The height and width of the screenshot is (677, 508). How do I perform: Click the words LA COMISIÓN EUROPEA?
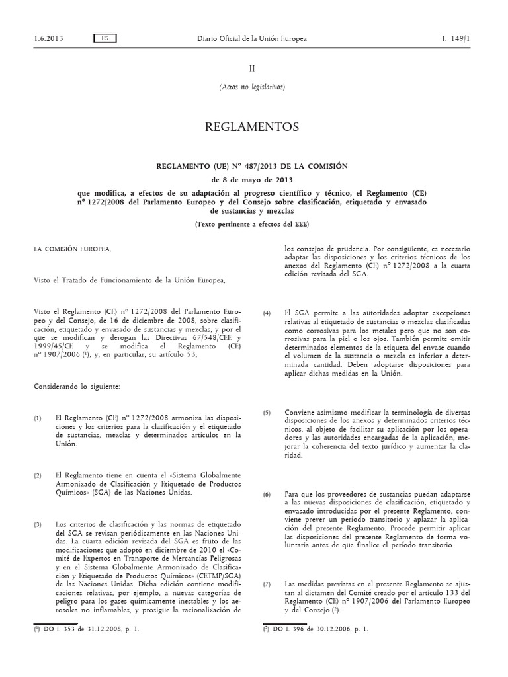pos(73,249)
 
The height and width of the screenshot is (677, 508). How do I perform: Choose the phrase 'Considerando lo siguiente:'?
pos(77,385)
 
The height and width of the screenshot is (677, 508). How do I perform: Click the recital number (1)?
pos(38,418)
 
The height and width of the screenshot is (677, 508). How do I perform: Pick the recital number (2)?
pos(38,475)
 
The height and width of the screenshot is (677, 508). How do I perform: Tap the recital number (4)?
pos(267,313)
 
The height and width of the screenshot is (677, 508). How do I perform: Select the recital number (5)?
pos(267,413)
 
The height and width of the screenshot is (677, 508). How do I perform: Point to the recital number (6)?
pos(267,494)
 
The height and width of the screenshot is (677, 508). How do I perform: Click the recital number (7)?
pos(267,584)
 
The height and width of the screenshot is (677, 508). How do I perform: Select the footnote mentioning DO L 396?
pos(316,630)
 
